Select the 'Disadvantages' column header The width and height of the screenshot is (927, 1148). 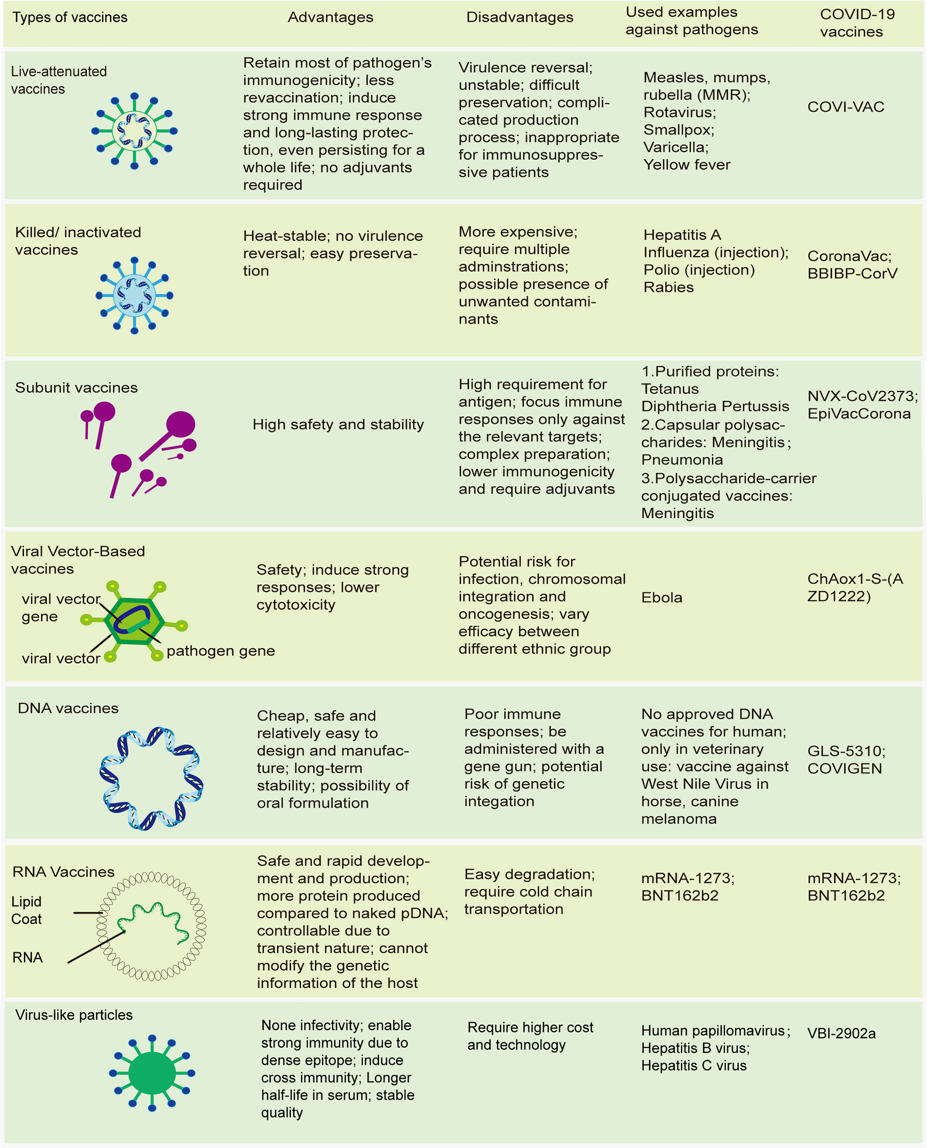pyautogui.click(x=519, y=17)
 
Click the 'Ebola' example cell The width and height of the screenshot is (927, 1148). pyautogui.click(x=662, y=598)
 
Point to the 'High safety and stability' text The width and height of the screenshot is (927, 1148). pyautogui.click(x=338, y=425)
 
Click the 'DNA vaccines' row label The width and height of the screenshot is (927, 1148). pyautogui.click(x=68, y=708)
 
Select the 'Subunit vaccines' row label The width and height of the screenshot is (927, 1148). pyautogui.click(x=76, y=388)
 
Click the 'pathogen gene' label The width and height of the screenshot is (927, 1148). pyautogui.click(x=221, y=651)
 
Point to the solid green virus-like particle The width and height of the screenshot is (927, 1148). pyautogui.click(x=152, y=1073)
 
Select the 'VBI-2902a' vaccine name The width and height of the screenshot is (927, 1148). pyautogui.click(x=841, y=1034)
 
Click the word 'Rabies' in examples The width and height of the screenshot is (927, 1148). pyautogui.click(x=669, y=287)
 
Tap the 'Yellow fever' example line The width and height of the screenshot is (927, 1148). pyautogui.click(x=687, y=164)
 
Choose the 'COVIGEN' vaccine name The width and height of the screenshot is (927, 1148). pyautogui.click(x=844, y=768)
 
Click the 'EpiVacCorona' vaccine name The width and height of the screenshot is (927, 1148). pyautogui.click(x=859, y=414)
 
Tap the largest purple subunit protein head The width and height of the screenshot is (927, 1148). pyautogui.click(x=181, y=425)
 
